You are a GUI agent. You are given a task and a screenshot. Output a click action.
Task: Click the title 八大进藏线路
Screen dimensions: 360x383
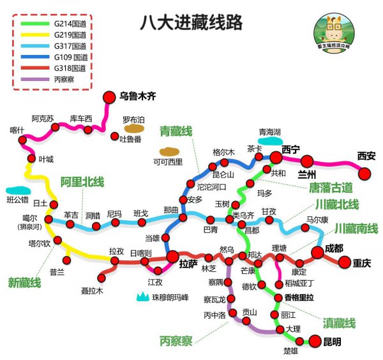191,24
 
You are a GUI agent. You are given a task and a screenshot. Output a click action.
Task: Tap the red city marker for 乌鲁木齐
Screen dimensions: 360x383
108,97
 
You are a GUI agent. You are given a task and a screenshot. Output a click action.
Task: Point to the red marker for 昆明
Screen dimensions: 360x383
315,341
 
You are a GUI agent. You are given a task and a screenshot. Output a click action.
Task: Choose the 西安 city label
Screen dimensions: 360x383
366,155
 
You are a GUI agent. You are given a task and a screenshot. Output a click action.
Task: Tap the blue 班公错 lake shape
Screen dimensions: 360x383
17,190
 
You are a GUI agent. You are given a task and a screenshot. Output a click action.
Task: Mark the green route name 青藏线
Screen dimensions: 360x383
176,131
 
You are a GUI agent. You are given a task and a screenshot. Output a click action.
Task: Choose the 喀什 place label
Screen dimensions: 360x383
17,130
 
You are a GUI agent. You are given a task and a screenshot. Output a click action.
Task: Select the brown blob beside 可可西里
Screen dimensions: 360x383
169,152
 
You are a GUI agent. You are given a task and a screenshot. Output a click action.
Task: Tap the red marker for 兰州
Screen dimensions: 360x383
307,162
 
